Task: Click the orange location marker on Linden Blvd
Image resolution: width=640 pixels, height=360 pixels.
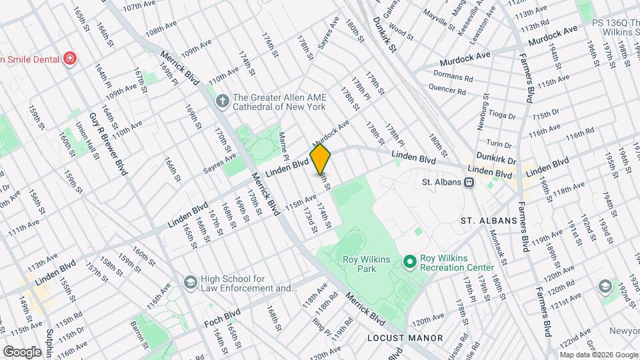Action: pyautogui.click(x=321, y=159)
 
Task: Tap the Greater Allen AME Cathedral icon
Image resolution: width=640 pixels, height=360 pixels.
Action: pyautogui.click(x=223, y=101)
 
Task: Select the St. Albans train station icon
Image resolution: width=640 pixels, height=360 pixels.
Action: pyautogui.click(x=469, y=181)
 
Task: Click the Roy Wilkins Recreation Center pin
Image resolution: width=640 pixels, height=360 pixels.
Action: pyautogui.click(x=410, y=261)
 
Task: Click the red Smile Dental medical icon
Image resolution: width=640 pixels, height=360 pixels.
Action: pyautogui.click(x=69, y=59)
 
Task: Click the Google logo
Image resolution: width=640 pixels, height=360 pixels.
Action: pyautogui.click(x=22, y=351)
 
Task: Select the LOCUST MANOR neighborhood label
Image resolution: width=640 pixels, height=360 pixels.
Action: pyautogui.click(x=405, y=338)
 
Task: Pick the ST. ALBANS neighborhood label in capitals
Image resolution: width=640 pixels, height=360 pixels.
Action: pyautogui.click(x=489, y=221)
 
